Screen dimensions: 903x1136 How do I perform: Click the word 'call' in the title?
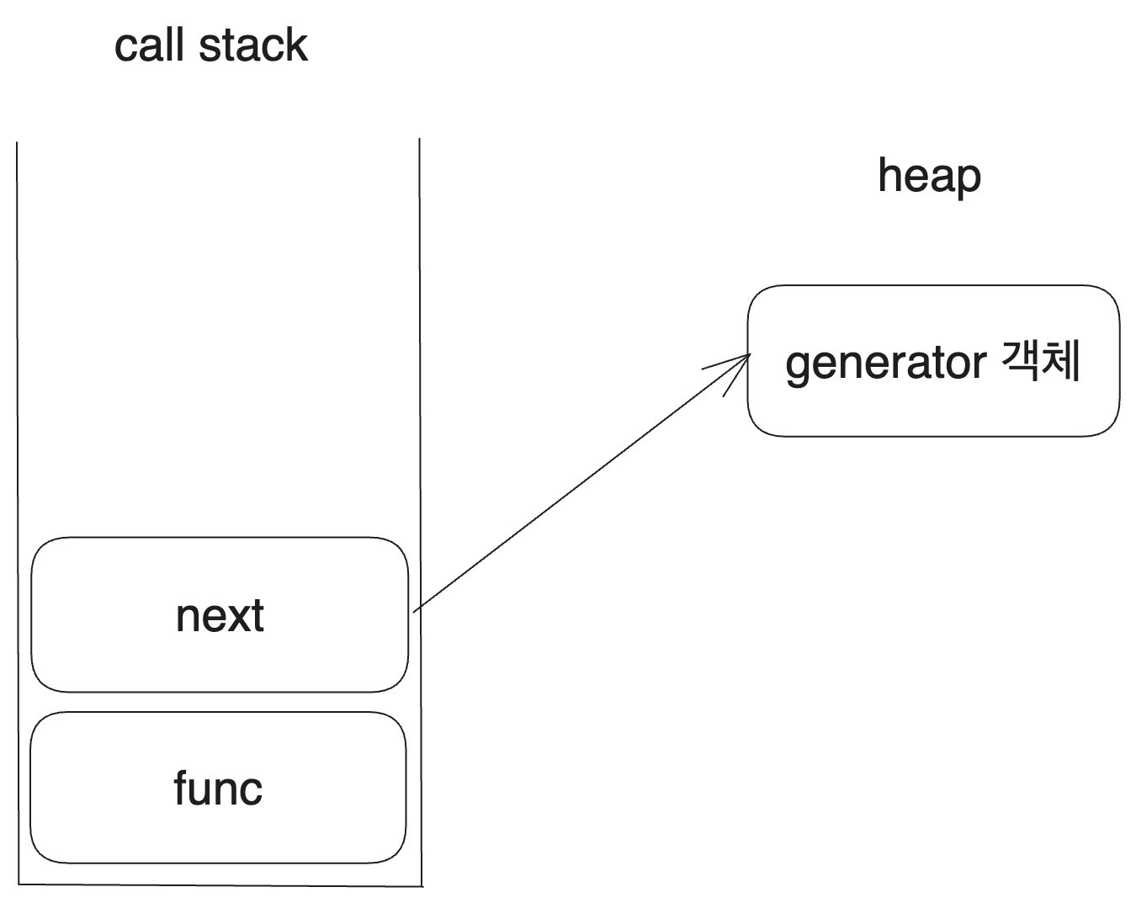[x=151, y=45]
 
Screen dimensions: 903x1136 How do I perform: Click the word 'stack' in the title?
[x=253, y=45]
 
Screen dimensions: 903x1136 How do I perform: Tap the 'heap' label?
[x=929, y=178]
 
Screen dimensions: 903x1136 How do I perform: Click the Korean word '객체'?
[x=1041, y=362]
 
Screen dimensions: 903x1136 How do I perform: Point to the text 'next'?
[x=220, y=616]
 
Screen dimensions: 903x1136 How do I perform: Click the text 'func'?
[x=218, y=789]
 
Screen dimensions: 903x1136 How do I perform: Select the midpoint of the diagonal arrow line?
[x=581, y=483]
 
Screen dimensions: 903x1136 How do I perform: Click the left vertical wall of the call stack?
[x=18, y=505]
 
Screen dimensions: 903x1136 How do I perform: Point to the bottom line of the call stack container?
[x=219, y=884]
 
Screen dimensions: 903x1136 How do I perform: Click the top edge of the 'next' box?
[x=219, y=538]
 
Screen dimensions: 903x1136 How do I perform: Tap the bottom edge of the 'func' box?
[x=219, y=863]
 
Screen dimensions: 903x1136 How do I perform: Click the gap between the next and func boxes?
[x=219, y=703]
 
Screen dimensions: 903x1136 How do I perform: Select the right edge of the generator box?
[x=1119, y=362]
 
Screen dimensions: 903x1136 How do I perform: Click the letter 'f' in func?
[x=181, y=788]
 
